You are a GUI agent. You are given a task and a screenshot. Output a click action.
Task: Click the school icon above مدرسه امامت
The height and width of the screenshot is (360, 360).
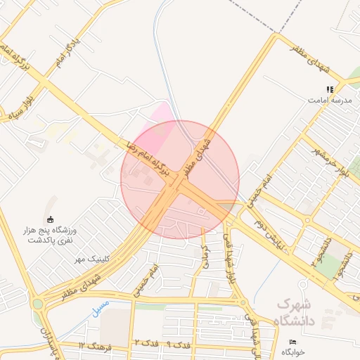coord(329,89)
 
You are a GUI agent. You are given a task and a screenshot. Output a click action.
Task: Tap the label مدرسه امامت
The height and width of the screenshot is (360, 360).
coord(329,101)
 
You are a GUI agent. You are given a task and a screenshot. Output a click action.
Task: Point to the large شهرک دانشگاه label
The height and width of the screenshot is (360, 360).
coord(304,313)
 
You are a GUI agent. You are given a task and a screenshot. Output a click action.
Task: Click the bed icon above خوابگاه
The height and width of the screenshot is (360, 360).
coord(292,342)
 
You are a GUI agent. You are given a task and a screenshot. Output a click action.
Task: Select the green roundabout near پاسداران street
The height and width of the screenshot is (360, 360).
coord(37,304)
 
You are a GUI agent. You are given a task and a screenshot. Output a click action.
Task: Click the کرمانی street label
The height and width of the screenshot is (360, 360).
coord(206,259)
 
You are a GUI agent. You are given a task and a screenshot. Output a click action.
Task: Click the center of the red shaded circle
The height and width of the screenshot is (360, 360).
coord(180,180)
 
